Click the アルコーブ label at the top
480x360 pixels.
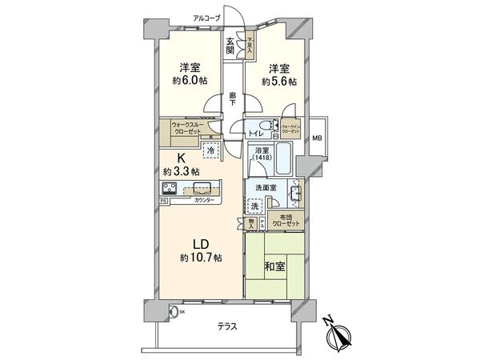coord(206,16)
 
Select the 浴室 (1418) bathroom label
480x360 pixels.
coord(261,155)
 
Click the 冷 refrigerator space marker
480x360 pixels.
coord(210,150)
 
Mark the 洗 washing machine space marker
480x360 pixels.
coord(255,205)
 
